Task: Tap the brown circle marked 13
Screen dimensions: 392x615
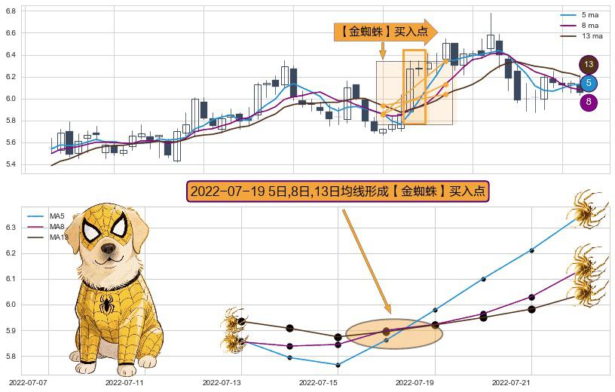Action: point(589,65)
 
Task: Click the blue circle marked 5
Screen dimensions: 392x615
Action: point(589,83)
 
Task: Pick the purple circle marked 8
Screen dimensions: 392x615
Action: point(589,102)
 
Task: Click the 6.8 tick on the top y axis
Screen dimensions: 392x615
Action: point(11,33)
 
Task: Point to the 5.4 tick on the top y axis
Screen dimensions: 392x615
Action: point(11,164)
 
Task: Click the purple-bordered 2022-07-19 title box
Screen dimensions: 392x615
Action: point(338,191)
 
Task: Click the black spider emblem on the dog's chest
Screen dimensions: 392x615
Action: point(106,305)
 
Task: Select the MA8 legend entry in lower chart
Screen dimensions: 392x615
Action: point(57,227)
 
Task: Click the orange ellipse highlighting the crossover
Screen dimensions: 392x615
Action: point(394,334)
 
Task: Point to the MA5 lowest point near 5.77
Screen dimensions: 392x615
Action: point(338,365)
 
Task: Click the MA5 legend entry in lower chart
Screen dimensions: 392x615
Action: point(57,216)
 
